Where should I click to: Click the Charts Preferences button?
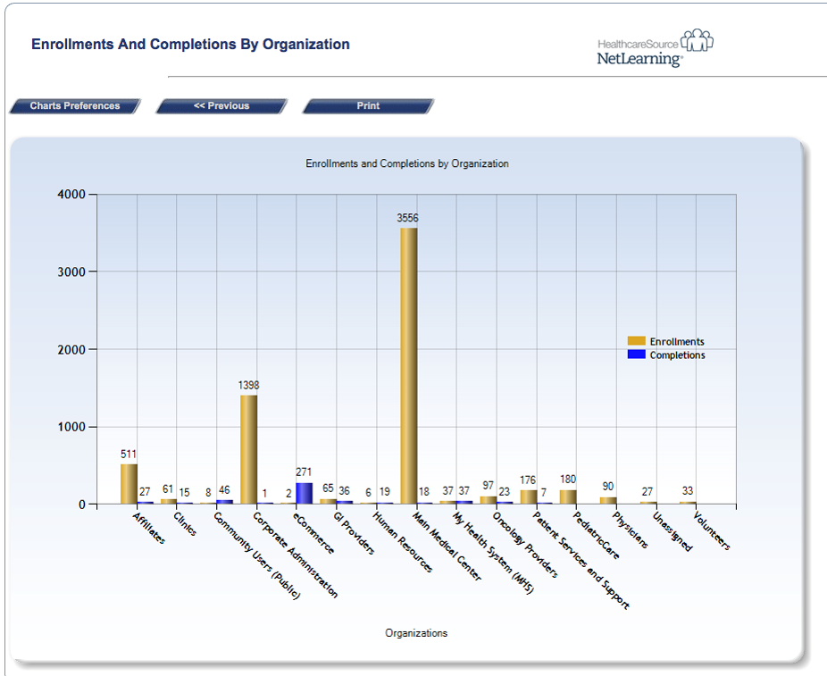[x=75, y=106]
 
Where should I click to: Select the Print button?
[x=368, y=106]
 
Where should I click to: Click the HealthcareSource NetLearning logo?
[x=655, y=49]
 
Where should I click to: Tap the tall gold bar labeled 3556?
[x=408, y=366]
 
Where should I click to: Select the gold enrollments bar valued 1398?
[x=248, y=449]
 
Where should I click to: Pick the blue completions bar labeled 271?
[x=304, y=493]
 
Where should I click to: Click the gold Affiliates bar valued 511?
[x=129, y=484]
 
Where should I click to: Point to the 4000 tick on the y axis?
[x=72, y=194]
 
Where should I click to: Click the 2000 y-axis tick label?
[x=72, y=349]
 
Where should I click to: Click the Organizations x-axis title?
[x=416, y=633]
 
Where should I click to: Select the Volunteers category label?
[x=711, y=531]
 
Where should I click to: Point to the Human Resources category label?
[x=403, y=541]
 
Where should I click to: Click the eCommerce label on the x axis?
[x=315, y=534]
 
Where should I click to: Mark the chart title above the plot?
[x=407, y=163]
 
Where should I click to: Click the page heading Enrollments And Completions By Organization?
[x=190, y=45]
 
